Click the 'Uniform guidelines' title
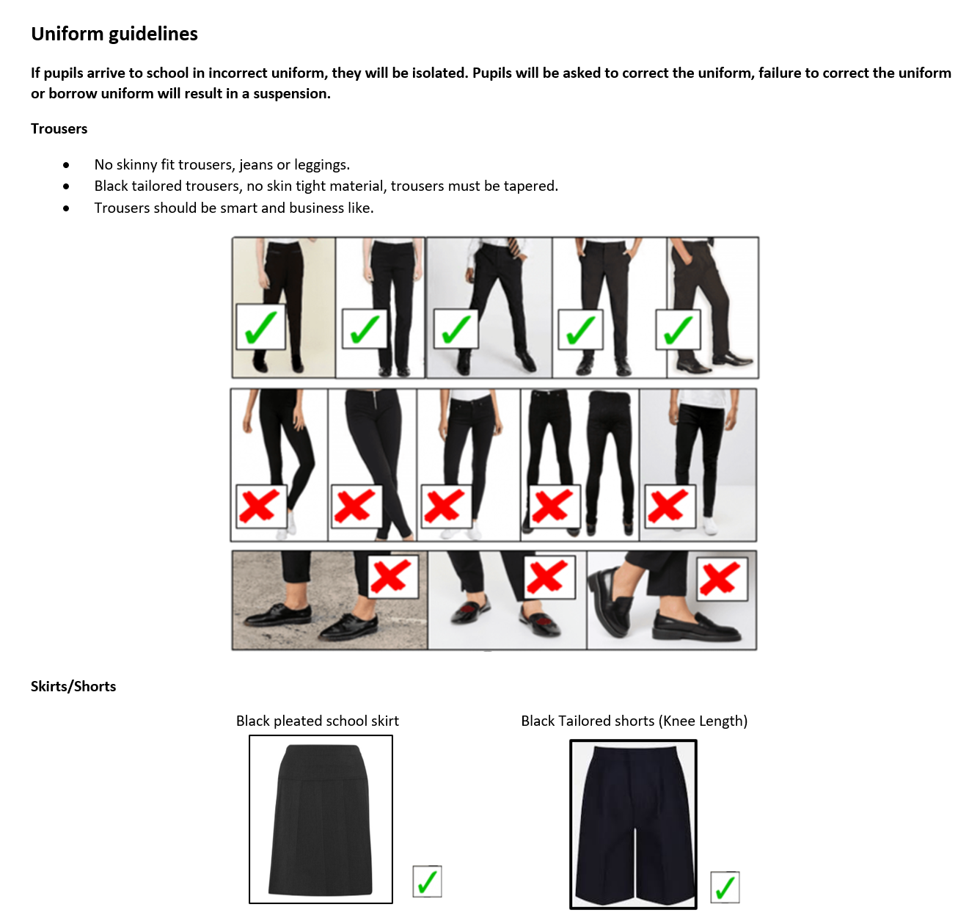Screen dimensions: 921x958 114,34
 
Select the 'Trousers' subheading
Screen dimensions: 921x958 59,128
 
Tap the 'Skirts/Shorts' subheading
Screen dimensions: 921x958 73,686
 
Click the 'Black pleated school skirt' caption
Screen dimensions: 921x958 318,721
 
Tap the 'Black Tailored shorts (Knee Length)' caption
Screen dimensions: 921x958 634,721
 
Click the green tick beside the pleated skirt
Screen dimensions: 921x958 427,881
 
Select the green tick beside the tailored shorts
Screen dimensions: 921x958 725,887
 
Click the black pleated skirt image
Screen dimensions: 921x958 321,819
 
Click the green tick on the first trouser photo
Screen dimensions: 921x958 260,327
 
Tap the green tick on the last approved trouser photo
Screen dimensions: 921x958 678,330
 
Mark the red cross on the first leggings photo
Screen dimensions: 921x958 259,505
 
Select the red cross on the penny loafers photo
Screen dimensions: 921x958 720,579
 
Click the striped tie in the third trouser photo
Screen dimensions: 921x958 518,247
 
